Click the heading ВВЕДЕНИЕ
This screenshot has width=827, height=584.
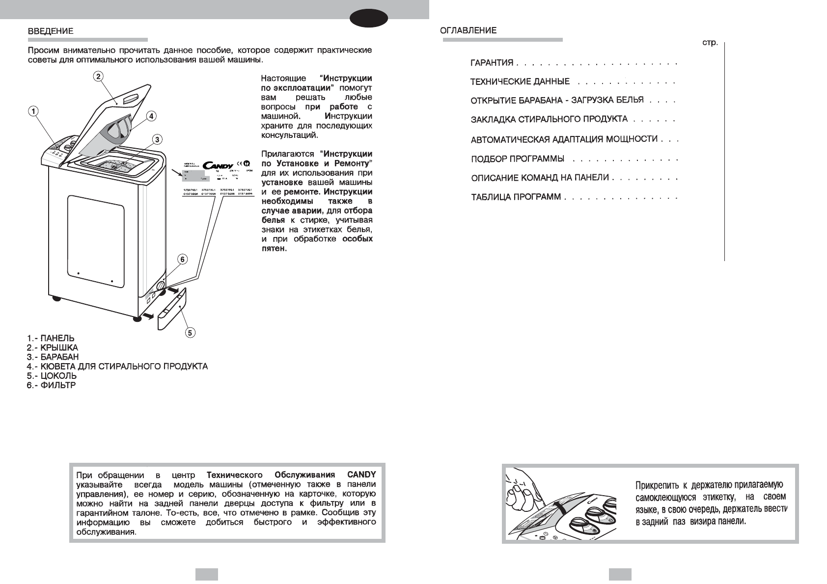pos(51,30)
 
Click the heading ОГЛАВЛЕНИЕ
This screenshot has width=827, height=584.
pos(468,30)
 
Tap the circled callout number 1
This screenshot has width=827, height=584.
pos(32,111)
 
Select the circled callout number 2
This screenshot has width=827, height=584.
pos(98,76)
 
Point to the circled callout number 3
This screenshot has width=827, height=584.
pos(157,140)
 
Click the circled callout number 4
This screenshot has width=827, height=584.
pos(151,116)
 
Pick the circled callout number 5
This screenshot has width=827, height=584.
pos(190,333)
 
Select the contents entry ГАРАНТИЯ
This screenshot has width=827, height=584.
pos(492,63)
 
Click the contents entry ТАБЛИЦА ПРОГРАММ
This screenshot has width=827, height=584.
pos(516,197)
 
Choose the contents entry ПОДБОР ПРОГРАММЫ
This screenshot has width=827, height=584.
pos(517,159)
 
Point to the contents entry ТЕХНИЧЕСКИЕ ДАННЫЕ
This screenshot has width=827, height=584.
pos(520,81)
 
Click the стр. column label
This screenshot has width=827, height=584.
pos(710,43)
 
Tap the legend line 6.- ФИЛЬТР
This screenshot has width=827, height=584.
pos(51,385)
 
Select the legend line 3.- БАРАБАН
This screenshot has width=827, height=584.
pos(53,357)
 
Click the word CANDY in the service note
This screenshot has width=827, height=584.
pos(361,475)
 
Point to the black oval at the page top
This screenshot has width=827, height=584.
pos(369,19)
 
